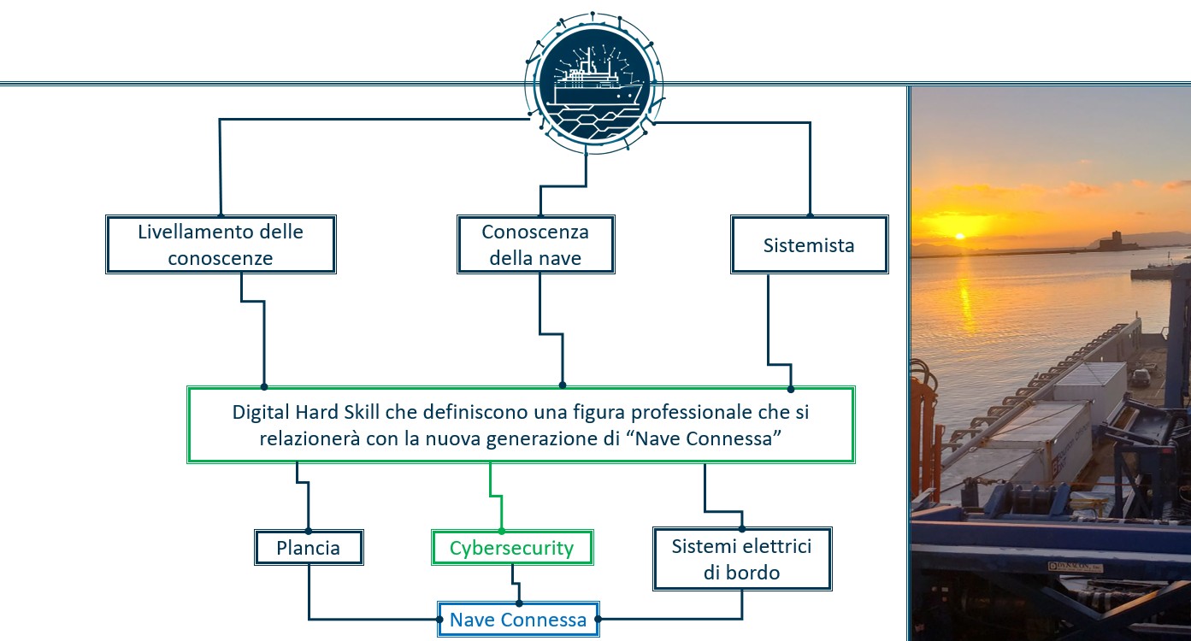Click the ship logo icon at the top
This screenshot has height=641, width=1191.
(594, 83)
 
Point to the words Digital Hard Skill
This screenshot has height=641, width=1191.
(306, 412)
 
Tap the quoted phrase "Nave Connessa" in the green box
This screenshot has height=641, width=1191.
(703, 438)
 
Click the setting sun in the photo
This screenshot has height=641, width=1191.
(960, 236)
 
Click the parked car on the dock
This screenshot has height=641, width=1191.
(1140, 378)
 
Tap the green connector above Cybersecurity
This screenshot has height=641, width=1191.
(496, 497)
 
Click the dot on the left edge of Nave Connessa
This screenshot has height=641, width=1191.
(439, 620)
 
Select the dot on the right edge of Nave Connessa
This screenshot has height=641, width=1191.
(598, 619)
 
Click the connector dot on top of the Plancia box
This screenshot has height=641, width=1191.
(309, 531)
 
